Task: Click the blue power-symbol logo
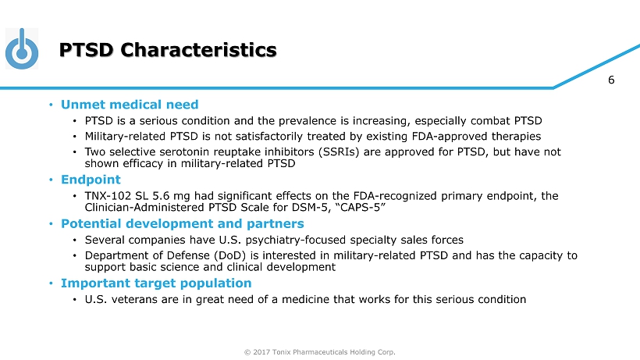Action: point(22,48)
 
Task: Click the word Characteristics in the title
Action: point(198,50)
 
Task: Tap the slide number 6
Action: point(611,80)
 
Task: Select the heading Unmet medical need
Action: point(130,105)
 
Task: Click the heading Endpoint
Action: point(91,180)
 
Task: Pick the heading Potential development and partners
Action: point(183,223)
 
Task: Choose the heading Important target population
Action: point(156,283)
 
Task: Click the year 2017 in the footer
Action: point(260,352)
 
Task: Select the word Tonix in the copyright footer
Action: point(281,352)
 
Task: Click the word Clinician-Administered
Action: point(144,208)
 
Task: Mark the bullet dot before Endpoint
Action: point(51,180)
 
